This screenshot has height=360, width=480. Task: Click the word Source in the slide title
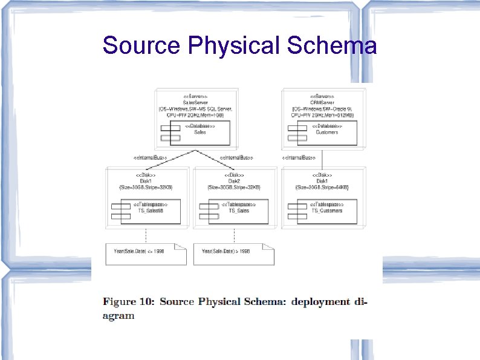(141, 45)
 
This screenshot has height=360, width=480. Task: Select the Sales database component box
(199, 133)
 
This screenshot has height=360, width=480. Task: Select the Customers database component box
(326, 133)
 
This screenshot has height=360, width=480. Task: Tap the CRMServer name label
(323, 102)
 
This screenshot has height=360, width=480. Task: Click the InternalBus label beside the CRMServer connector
(299, 158)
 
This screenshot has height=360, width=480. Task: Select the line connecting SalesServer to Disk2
(215, 157)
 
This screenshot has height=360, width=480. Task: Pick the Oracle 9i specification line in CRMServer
(323, 108)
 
